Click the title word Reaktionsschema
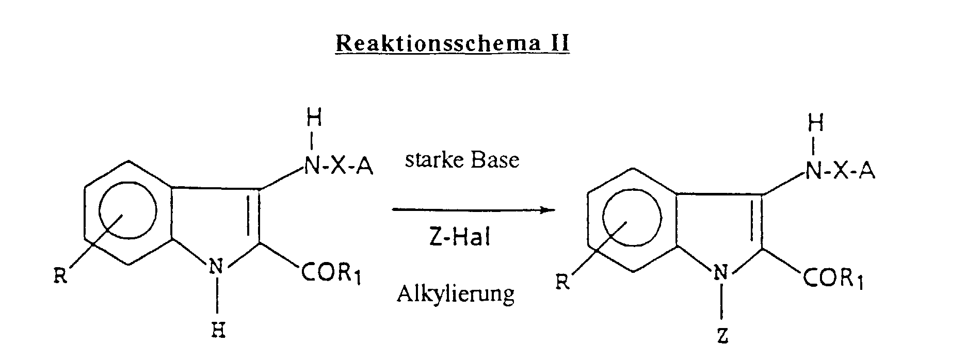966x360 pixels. click(432, 43)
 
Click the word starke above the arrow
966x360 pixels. click(432, 160)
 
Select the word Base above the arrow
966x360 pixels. click(494, 160)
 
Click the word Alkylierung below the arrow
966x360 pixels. click(456, 294)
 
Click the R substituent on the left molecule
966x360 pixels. click(60, 277)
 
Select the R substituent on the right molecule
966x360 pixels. click(562, 283)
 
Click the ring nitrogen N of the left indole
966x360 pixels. click(218, 268)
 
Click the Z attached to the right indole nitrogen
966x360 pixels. click(722, 336)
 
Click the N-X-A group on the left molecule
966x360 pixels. click(338, 167)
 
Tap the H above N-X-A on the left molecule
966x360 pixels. click(314, 119)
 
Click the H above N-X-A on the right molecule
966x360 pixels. click(816, 124)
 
